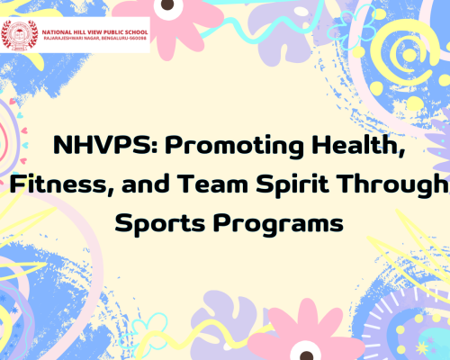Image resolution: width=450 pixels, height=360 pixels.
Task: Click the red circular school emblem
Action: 17,35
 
